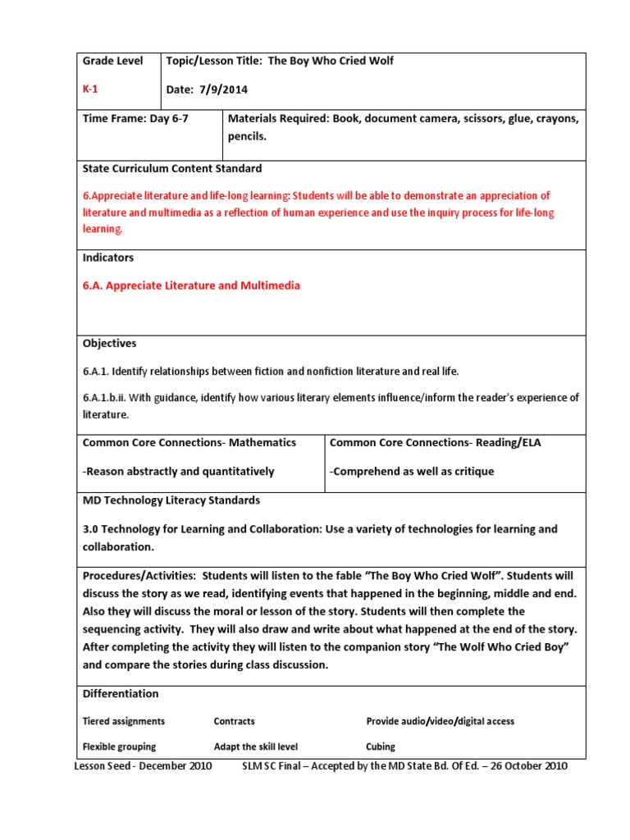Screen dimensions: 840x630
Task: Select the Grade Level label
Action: tap(112, 61)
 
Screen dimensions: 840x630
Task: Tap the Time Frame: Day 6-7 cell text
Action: tap(139, 119)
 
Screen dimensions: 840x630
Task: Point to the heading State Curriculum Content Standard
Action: tap(172, 168)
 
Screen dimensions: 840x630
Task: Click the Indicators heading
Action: tap(107, 258)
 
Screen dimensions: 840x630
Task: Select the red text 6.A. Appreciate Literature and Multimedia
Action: tap(191, 285)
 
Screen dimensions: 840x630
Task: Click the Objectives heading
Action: tap(109, 343)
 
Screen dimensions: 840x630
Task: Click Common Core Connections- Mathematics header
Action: tap(189, 442)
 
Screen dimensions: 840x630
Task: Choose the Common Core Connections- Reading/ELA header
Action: tap(435, 442)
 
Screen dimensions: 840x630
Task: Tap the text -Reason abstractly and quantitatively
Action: tap(178, 471)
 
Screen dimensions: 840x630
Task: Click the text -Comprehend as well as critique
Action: tap(412, 471)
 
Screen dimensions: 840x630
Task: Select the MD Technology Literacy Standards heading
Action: tap(171, 500)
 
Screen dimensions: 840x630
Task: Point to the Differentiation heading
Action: tap(121, 693)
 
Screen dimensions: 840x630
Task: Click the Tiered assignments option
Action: tap(123, 721)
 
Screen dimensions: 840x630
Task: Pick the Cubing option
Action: tap(381, 746)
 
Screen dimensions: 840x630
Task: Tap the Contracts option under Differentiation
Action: tap(234, 721)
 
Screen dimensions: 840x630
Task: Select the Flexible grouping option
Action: tap(119, 746)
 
